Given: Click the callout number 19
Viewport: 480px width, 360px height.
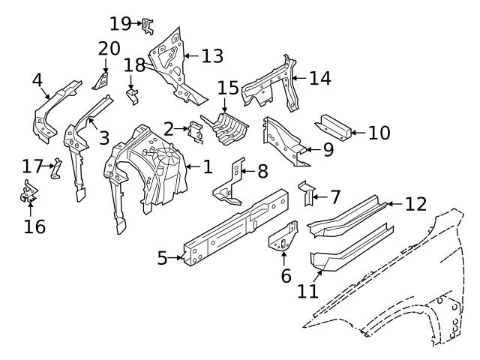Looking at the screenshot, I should [120, 23].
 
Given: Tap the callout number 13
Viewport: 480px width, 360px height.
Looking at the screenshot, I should [212, 55].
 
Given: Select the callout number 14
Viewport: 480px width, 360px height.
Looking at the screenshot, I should [320, 77].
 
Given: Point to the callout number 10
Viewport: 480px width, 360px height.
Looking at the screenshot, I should [379, 133].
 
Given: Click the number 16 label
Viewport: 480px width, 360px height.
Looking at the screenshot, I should [34, 226].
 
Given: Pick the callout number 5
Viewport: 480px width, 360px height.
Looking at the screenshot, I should [161, 259].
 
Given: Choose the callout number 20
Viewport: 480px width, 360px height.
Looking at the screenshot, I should [109, 49].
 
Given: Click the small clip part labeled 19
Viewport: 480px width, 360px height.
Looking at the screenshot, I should [148, 26].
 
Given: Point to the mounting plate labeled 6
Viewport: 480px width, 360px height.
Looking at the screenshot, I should [283, 238].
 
